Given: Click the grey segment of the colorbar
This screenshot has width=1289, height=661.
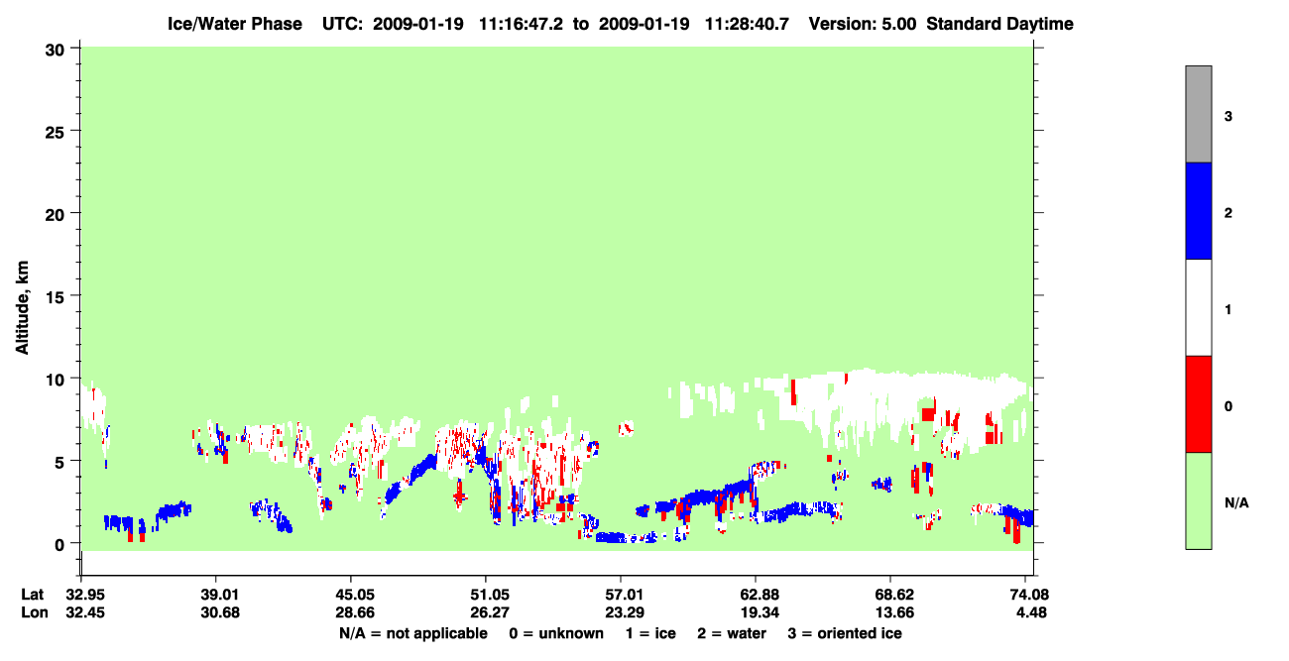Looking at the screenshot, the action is [x=1198, y=114].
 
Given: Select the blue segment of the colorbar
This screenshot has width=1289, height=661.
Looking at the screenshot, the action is [x=1198, y=210].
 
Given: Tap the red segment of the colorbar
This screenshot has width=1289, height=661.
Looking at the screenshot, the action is [x=1198, y=404].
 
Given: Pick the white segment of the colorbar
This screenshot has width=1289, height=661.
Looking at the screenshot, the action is [x=1198, y=307].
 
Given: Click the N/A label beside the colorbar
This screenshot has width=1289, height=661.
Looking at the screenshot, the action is [x=1236, y=503].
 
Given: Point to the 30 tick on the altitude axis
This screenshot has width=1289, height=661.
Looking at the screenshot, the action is [x=55, y=51].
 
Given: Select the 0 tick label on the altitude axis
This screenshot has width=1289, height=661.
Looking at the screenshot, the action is [x=59, y=545].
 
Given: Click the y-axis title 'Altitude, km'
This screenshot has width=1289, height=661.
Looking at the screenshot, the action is [x=22, y=308].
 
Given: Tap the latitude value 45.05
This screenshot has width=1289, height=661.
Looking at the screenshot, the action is [x=355, y=595].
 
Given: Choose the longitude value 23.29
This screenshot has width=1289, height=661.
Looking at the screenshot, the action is [x=625, y=612].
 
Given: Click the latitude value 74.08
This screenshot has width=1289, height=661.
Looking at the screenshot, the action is [x=1029, y=595].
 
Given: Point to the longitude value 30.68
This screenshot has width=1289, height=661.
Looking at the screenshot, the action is [x=220, y=612].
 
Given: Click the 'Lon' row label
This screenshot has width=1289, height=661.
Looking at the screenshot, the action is [x=35, y=612].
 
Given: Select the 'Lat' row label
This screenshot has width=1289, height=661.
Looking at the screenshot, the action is [x=32, y=595].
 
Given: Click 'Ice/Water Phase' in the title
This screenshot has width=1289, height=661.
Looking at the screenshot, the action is [x=235, y=24].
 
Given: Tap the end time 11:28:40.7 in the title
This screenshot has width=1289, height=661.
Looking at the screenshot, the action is [x=747, y=24].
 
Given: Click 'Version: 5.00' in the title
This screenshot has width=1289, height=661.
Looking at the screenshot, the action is [x=863, y=24].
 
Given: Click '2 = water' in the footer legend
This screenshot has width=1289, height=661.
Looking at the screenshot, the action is [x=732, y=633].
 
